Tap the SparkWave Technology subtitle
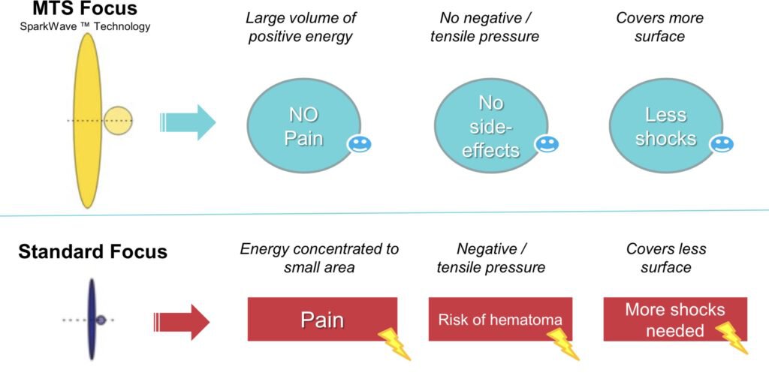85,28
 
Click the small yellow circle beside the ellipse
118,121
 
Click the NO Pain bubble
304,125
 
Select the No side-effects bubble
490,125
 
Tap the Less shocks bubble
665,125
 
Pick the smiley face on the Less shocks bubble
722,144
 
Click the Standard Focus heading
93,251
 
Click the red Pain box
322,320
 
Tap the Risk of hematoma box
499,320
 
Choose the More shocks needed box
674,319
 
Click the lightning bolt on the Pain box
394,343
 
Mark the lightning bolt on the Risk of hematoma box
563,341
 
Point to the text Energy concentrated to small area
319,257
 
